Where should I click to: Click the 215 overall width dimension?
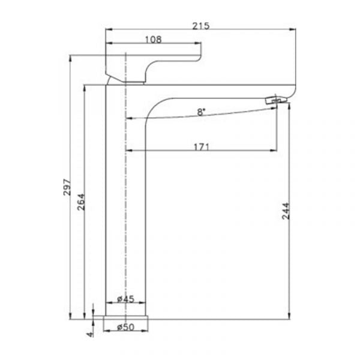tap(200, 26)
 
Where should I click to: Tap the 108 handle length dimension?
tap(153, 40)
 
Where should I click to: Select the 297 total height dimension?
tap(67, 187)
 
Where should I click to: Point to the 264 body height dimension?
tap(81, 202)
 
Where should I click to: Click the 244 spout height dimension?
tap(286, 211)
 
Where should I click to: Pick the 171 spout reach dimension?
tap(202, 147)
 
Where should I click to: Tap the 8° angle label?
tap(201, 112)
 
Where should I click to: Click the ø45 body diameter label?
tap(125, 299)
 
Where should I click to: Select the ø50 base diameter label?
tap(125, 327)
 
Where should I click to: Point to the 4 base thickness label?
tap(91, 334)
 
